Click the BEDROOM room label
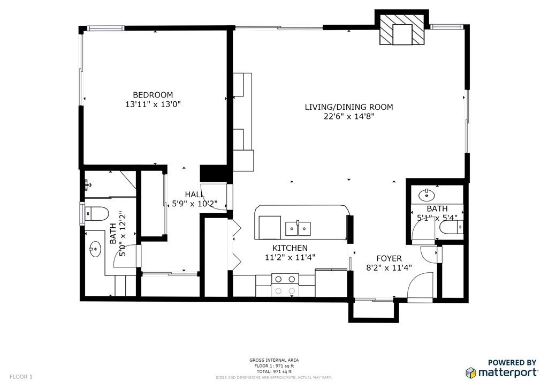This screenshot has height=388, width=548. point(153,95)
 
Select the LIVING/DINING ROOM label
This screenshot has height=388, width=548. point(349,107)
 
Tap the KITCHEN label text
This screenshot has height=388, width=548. point(290,248)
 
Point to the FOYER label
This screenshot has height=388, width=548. point(389,258)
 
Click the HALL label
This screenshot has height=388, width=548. point(195,195)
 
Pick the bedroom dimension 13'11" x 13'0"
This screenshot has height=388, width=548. point(153,105)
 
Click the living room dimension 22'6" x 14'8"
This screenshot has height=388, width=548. point(349,116)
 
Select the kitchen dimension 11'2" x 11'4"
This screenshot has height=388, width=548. point(290,257)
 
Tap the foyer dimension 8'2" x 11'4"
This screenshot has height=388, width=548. point(389,268)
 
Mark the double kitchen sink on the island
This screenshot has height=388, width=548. point(298,228)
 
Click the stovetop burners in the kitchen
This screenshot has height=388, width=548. point(285,285)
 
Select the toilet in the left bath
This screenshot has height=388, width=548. point(96,213)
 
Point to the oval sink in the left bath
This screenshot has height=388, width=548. point(95,249)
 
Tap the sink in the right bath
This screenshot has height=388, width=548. point(427,195)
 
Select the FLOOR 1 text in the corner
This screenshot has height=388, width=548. point(21,377)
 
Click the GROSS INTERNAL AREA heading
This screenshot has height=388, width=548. point(274,360)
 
